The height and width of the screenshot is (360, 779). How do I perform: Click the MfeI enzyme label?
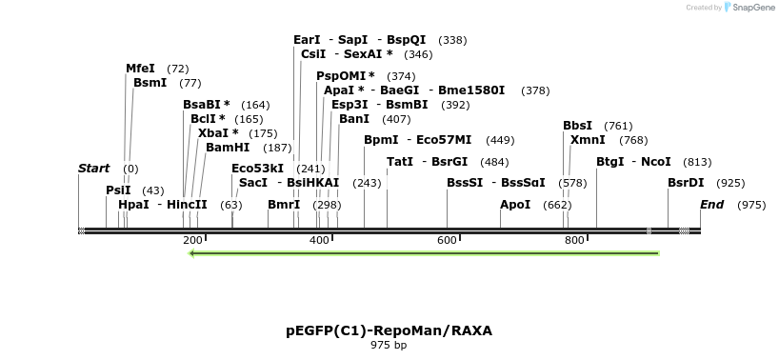click(140, 69)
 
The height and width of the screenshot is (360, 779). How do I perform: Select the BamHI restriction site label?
click(228, 148)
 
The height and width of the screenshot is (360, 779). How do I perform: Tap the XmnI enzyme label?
click(587, 140)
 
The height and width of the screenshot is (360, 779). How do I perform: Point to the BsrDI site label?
click(686, 182)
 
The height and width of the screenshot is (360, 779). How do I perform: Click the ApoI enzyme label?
click(515, 205)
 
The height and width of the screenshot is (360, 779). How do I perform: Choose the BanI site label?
click(354, 119)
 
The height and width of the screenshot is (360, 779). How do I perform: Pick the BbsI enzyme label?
click(577, 126)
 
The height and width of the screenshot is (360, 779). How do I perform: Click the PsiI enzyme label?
click(118, 190)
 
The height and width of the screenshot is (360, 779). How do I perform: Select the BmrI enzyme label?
click(284, 205)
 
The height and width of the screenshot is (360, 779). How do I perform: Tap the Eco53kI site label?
click(257, 169)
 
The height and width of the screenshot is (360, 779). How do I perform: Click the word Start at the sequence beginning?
click(94, 169)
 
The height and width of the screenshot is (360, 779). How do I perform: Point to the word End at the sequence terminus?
click(711, 205)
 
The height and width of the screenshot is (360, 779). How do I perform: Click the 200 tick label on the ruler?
click(193, 240)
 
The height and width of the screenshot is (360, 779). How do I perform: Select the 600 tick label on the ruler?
click(448, 240)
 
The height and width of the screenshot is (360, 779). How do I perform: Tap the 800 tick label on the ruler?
click(574, 240)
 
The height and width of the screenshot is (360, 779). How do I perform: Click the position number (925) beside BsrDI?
click(730, 182)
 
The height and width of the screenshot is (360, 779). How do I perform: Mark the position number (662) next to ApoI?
click(557, 205)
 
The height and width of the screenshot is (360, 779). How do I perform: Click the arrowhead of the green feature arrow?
click(192, 253)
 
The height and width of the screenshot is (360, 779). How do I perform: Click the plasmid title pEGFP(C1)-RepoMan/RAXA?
click(389, 330)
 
